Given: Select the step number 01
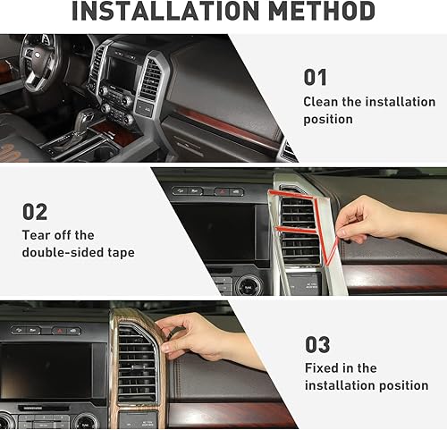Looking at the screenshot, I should [315, 77].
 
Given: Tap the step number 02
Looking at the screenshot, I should [35, 211].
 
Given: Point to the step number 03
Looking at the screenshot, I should [317, 344].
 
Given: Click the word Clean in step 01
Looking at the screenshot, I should [321, 102].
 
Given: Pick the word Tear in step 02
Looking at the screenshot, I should [37, 235].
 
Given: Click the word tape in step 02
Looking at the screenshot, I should [119, 253].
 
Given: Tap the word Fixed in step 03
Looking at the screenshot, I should [324, 368].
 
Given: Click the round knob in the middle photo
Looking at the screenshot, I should [249, 285].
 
